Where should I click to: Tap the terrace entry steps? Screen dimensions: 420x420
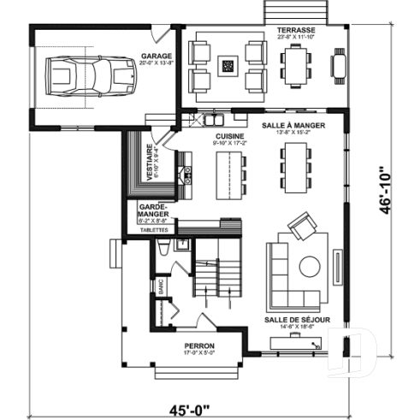(285, 12)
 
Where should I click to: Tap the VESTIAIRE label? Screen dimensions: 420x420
(151, 162)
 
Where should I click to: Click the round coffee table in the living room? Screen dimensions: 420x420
(310, 266)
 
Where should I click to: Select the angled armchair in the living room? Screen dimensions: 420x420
(301, 227)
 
